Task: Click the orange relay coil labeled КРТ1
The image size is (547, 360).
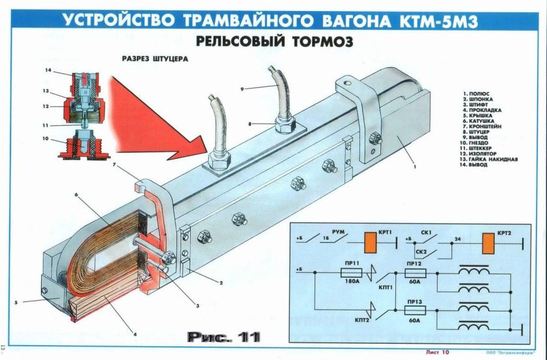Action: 370,243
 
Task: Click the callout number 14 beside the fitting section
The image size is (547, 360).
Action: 48,70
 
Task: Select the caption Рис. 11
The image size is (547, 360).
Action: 223,338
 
